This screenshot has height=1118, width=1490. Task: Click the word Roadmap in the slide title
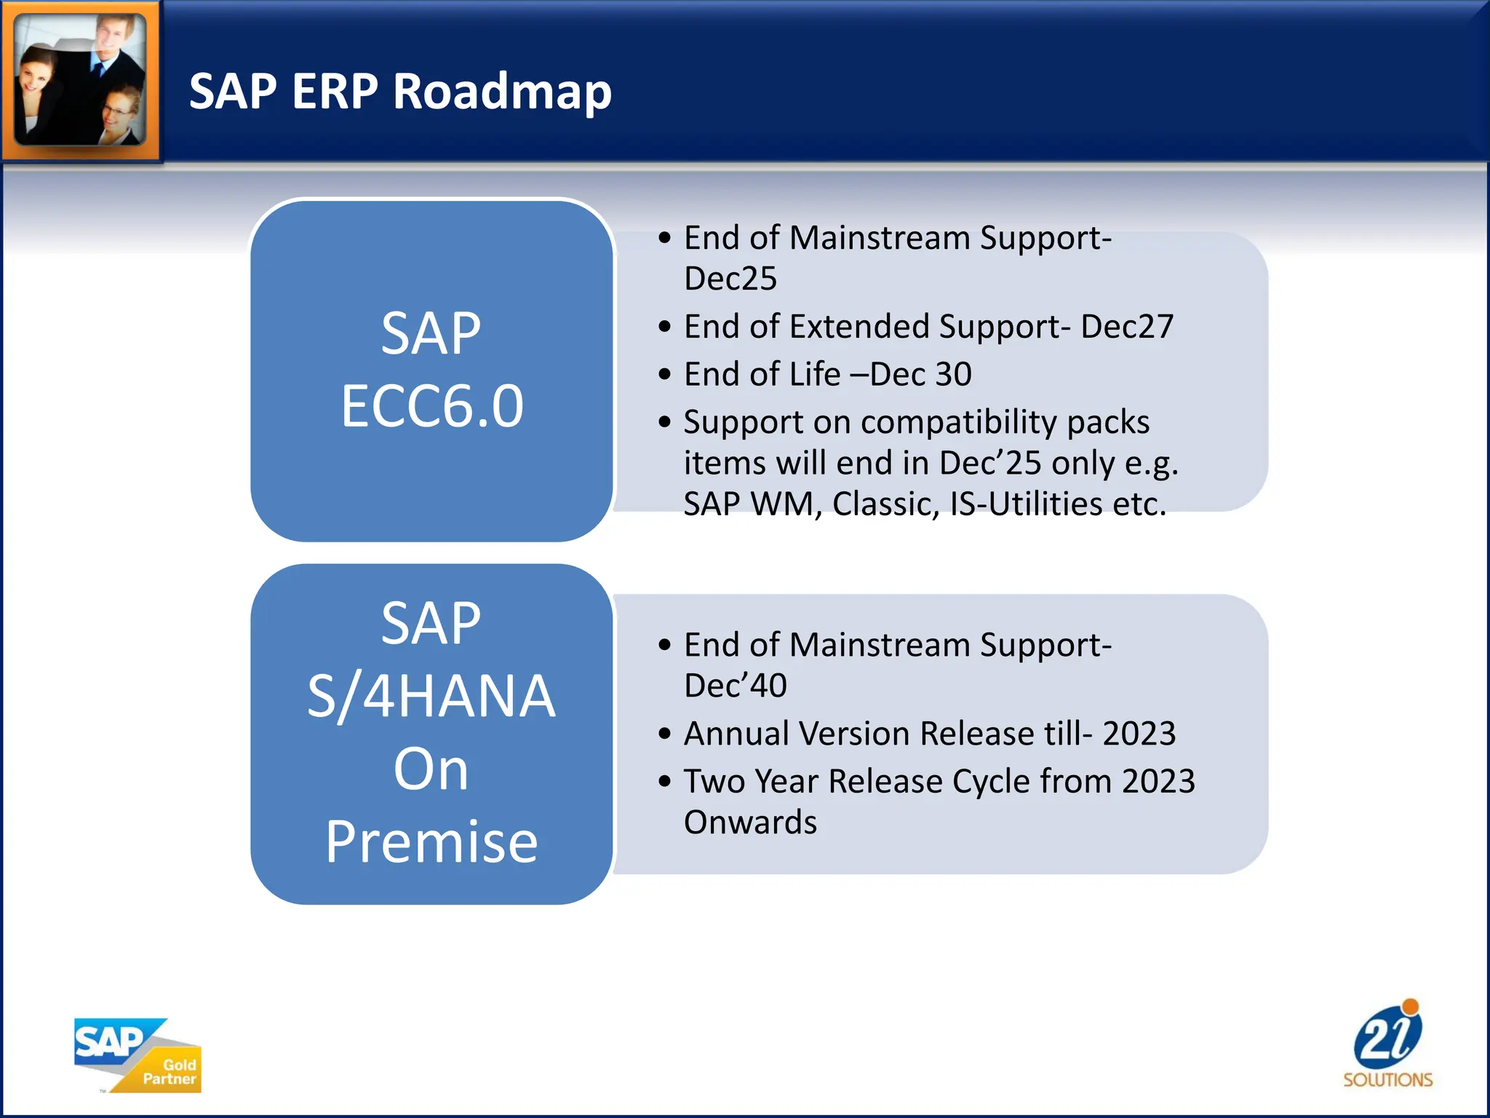pos(502,92)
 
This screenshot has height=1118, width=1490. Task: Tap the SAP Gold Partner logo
pos(137,1055)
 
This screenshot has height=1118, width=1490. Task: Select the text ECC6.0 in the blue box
pos(432,406)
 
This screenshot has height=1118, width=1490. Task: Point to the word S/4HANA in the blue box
pos(431,697)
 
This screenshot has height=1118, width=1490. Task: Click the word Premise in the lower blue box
pos(431,842)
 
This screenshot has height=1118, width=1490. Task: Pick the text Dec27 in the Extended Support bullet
pos(1127,327)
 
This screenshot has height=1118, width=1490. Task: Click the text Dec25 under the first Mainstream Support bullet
pos(730,279)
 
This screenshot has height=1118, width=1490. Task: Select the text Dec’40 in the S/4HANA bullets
pos(736,686)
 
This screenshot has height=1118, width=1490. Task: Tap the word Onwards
pos(750,822)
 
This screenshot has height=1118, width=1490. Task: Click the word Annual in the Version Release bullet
pos(736,734)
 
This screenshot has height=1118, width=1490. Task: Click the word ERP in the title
pos(335,92)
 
